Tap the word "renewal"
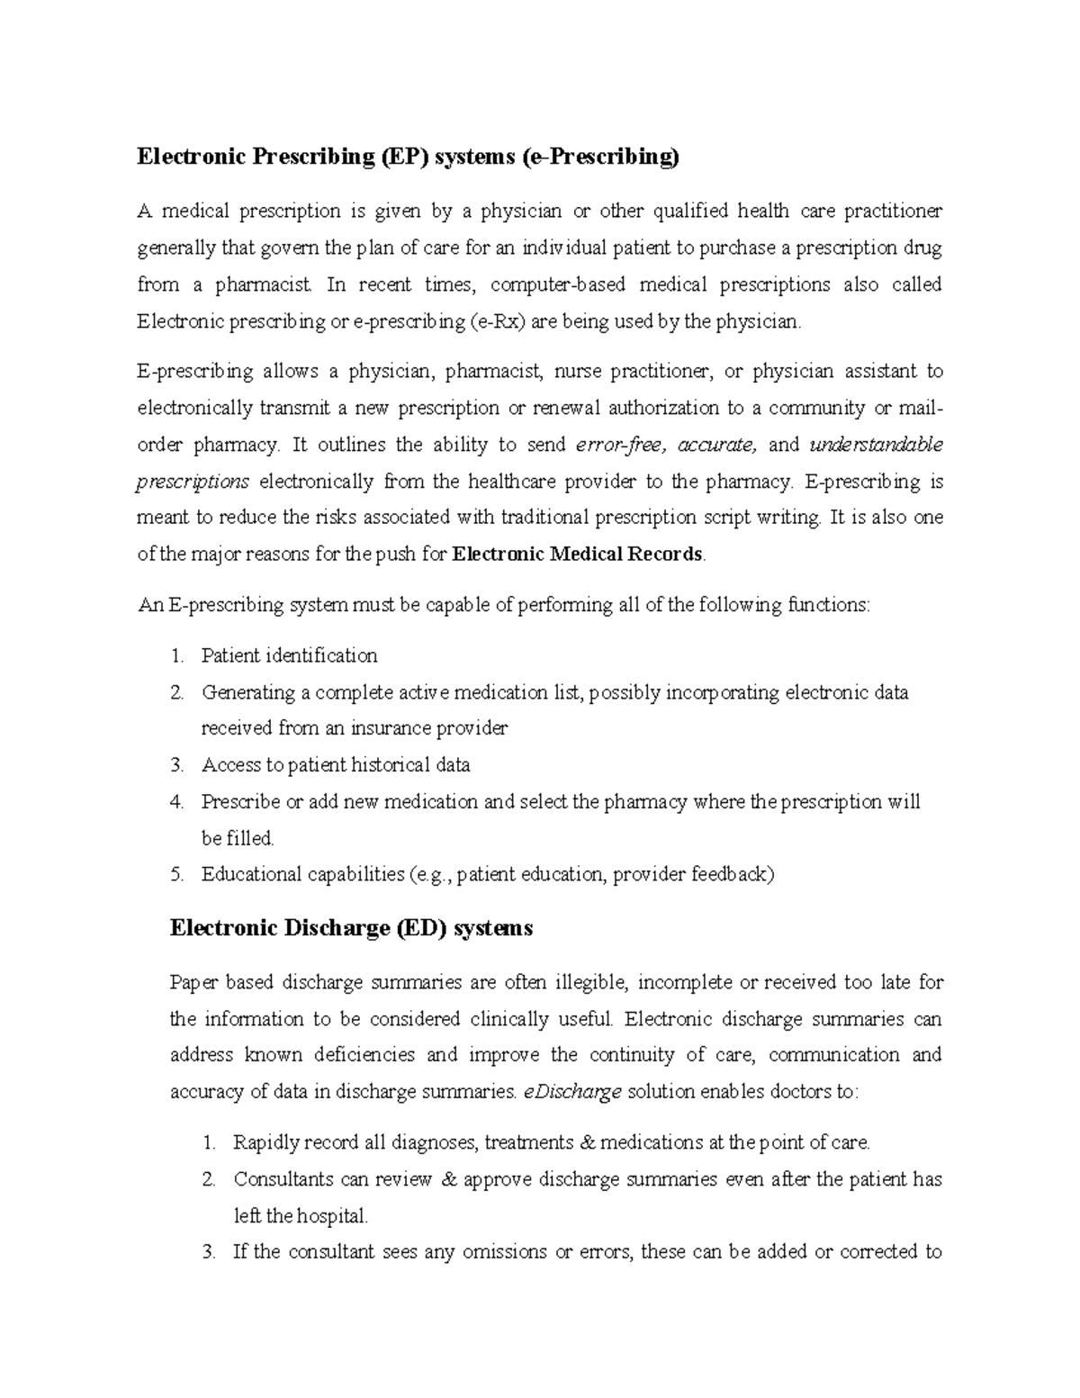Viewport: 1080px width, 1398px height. click(x=568, y=409)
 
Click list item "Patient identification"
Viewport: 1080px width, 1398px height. click(x=289, y=655)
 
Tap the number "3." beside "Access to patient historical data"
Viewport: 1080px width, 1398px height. click(x=176, y=765)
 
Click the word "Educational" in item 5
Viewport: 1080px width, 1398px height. click(x=251, y=874)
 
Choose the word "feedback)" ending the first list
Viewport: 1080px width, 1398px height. click(x=732, y=874)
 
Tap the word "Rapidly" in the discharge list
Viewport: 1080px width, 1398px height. click(x=265, y=1143)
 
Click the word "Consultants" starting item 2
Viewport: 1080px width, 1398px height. click(x=282, y=1179)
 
